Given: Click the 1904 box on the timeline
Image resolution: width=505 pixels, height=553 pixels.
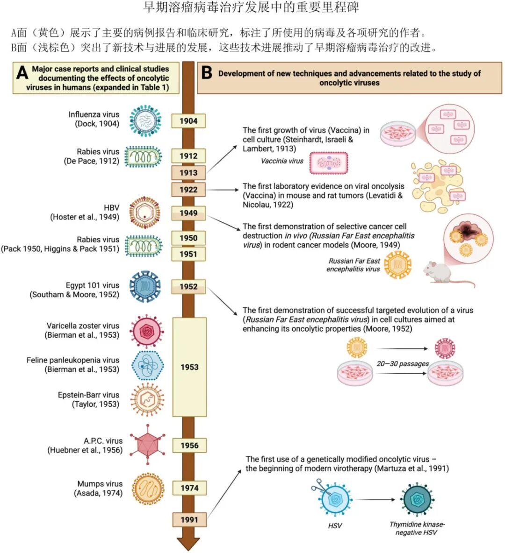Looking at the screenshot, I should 188,121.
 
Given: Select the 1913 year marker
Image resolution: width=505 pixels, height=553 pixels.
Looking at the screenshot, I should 188,173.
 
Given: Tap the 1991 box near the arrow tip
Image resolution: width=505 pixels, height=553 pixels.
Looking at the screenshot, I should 189,519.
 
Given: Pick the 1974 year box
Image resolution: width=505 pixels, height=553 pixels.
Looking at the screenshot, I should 189,488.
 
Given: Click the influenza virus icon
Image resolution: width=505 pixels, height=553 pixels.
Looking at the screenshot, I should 145,120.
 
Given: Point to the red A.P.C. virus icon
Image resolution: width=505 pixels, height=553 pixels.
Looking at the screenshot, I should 147,444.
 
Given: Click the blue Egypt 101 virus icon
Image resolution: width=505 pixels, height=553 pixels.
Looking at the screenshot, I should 145,287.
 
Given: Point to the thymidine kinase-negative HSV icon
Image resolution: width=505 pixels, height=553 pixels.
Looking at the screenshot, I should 417,499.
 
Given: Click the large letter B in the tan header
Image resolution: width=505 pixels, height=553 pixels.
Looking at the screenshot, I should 207,73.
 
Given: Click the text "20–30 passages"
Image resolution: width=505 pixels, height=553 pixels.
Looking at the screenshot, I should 402,364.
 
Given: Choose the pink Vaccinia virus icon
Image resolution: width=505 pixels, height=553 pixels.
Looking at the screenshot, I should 329,163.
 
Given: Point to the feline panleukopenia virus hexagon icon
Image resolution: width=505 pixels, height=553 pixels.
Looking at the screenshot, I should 147,365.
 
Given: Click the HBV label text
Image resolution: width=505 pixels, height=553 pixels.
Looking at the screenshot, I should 111,208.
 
